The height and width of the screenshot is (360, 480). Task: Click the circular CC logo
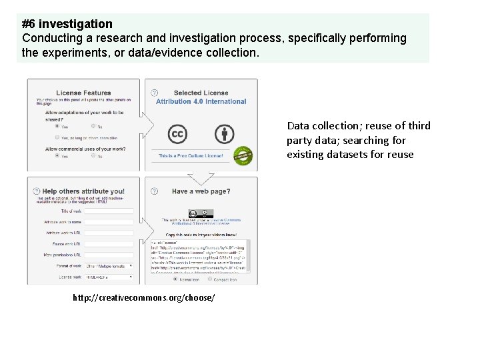[x=177, y=133]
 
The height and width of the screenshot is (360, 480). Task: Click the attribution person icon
[x=225, y=133]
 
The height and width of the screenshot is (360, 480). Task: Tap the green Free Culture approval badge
[x=243, y=155]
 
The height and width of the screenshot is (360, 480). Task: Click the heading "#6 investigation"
[x=67, y=24]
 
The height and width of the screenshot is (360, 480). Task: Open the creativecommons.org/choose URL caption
[x=144, y=296]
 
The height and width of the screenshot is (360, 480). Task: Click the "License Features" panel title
[x=83, y=93]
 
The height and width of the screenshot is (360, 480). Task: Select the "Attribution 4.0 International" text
[x=201, y=101]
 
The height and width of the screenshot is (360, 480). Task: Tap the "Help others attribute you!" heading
[x=83, y=191]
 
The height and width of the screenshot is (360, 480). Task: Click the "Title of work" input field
[x=109, y=211]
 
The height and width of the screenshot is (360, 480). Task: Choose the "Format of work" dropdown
[x=109, y=265]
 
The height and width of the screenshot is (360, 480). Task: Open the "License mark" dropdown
[x=109, y=276]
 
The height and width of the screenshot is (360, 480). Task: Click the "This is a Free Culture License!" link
[x=190, y=156]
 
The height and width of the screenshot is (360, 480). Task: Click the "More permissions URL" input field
[x=109, y=255]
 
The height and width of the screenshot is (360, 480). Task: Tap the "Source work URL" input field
[x=109, y=244]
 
